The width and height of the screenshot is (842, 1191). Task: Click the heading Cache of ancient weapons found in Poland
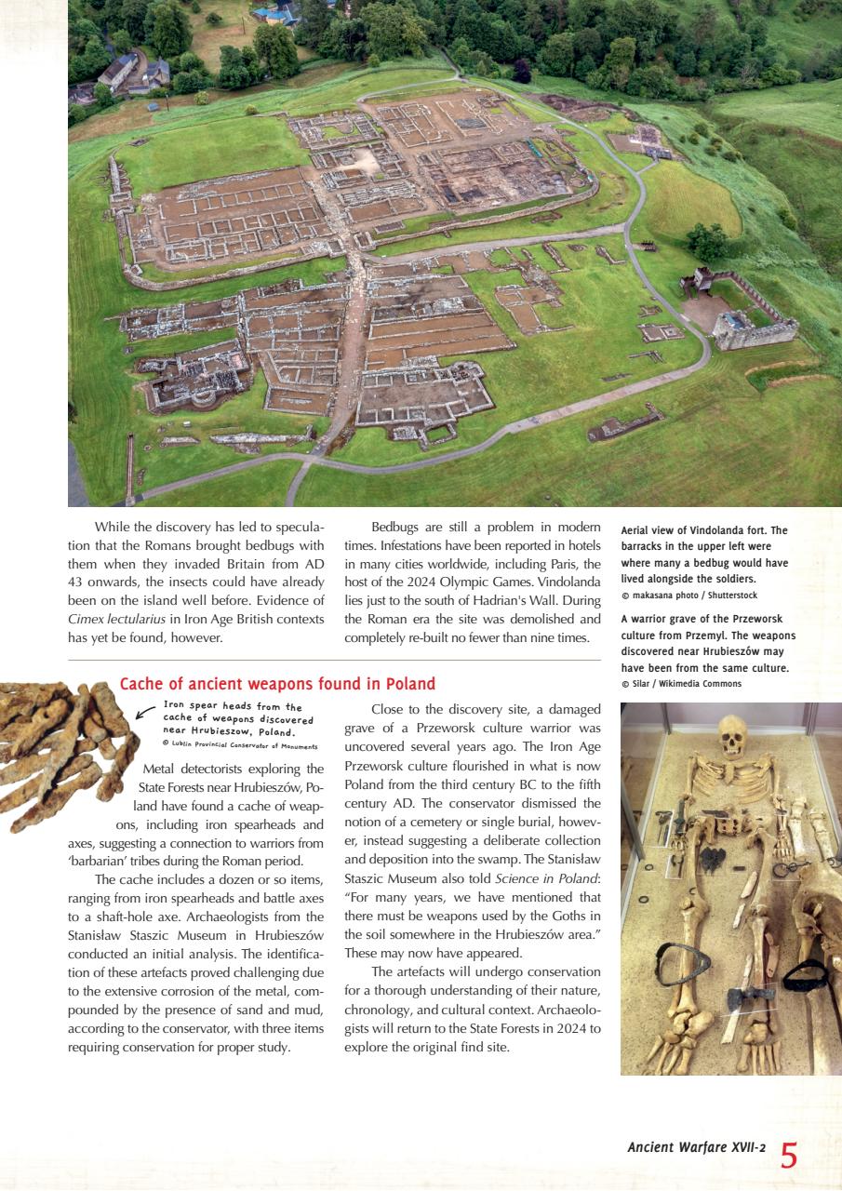point(277,684)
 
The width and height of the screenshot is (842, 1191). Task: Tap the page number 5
point(789,1156)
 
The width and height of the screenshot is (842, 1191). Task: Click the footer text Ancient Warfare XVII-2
point(696,1148)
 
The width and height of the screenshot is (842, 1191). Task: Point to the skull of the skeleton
point(733,736)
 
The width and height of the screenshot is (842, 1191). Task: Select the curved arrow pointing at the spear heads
point(144,715)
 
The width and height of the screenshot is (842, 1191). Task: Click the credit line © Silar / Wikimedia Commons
point(681,684)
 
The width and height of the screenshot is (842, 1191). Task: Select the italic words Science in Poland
point(547,879)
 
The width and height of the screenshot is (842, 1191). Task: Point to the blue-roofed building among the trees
point(276,13)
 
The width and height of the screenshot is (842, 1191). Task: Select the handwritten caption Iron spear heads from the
point(233,707)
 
